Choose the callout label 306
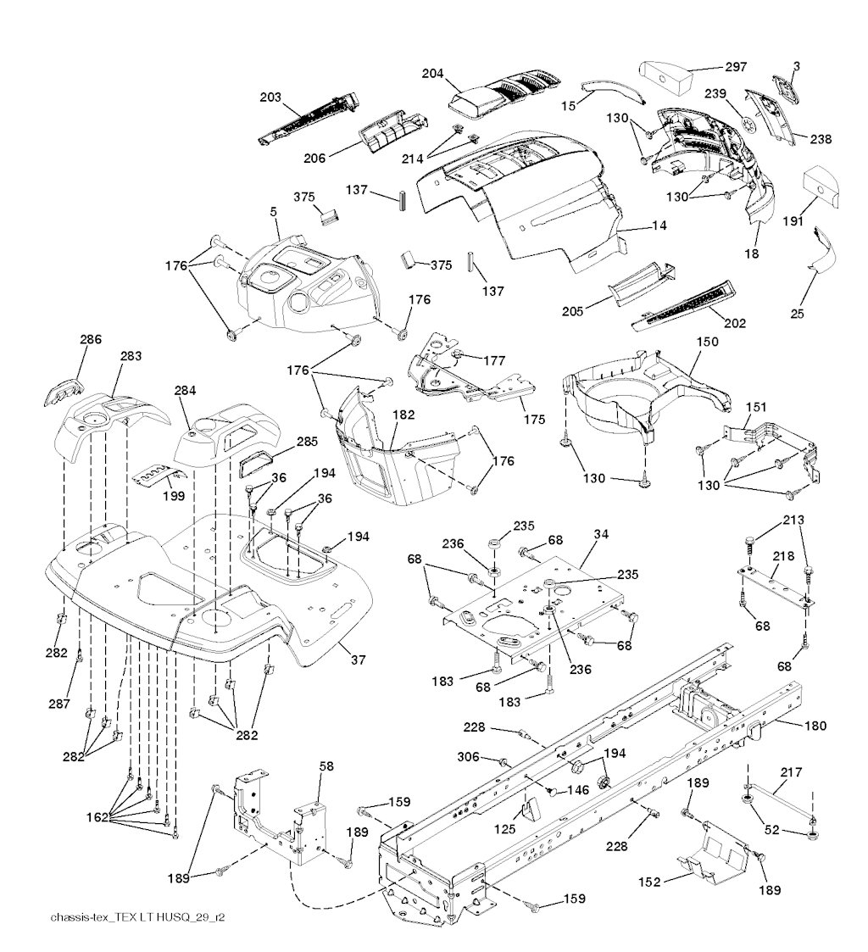coord(469,756)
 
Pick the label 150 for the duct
coord(707,342)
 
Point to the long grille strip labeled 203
coord(309,120)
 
